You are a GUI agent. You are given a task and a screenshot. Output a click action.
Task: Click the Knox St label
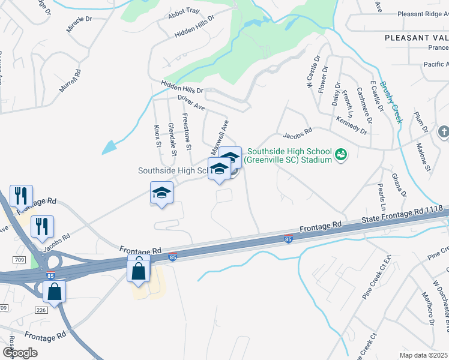(158, 137)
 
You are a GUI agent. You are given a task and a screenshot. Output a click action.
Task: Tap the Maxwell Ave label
(220, 136)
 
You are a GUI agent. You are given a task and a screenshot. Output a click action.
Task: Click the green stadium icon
(341, 155)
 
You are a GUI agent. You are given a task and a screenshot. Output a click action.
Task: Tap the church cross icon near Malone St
(443, 131)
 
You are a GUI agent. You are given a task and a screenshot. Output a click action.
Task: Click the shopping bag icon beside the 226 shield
(54, 292)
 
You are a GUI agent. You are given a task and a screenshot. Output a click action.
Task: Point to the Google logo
(20, 352)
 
